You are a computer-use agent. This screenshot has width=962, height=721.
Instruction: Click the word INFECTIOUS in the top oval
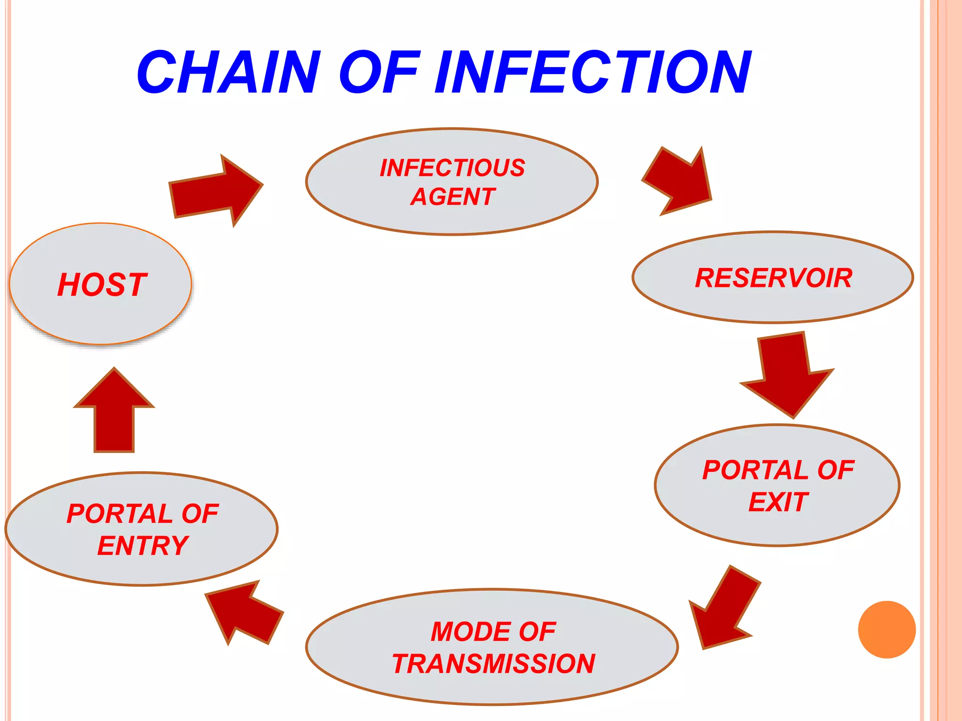click(452, 168)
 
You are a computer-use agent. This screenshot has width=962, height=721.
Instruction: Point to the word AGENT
click(453, 197)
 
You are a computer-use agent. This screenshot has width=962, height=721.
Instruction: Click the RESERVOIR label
click(773, 278)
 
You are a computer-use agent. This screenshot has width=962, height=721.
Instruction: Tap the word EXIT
click(778, 502)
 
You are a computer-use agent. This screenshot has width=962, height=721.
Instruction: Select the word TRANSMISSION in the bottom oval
click(493, 664)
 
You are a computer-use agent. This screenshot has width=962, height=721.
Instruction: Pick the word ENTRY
click(143, 545)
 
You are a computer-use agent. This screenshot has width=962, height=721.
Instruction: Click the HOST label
click(102, 285)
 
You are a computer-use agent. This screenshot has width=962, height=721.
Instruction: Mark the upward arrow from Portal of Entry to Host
click(114, 413)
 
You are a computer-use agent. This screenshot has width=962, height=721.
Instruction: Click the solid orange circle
click(886, 629)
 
